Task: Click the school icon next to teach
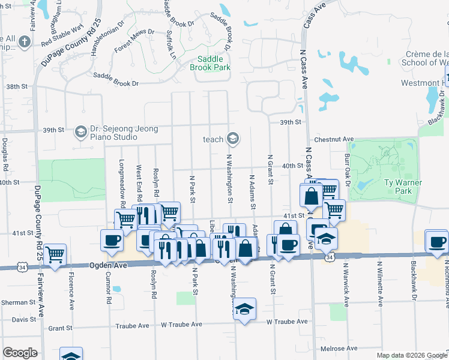coord(233,139)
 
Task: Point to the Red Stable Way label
coord(62,35)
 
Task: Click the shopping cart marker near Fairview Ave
coord(55,255)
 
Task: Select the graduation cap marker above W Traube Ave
coord(244,309)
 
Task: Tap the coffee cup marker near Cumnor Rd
coord(112,241)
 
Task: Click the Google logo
coord(20,353)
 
